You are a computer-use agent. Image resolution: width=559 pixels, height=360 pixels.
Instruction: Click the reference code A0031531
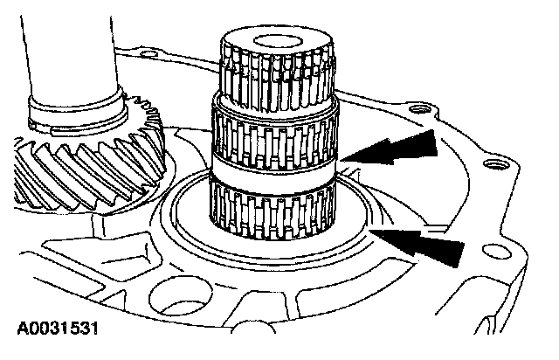[54, 329]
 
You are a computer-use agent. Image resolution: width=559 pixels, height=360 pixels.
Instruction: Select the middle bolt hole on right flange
[497, 163]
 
